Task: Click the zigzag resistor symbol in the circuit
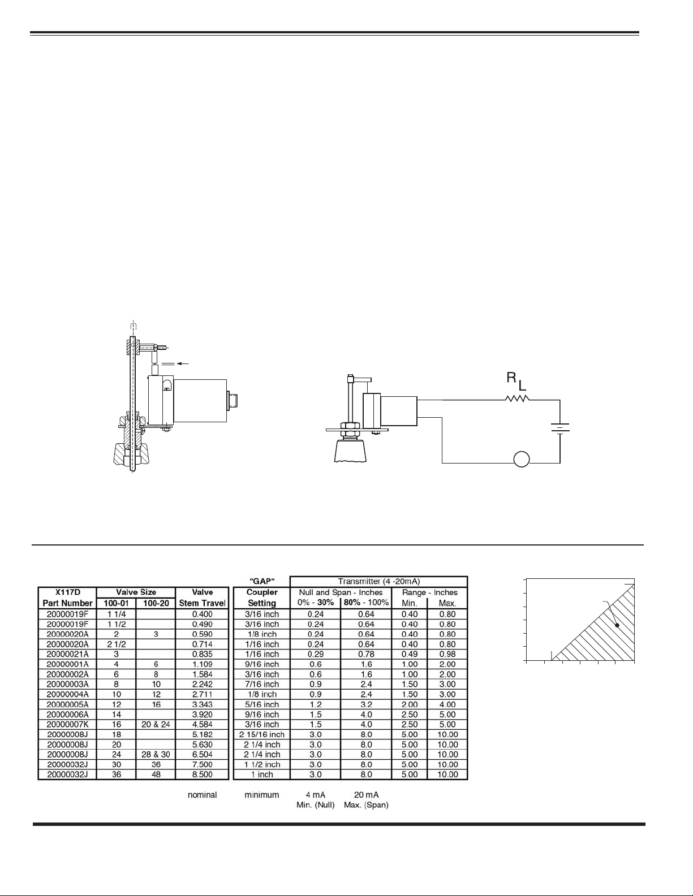click(x=517, y=399)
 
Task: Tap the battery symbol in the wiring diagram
click(x=559, y=428)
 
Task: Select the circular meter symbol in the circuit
click(x=522, y=459)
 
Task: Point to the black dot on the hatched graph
click(x=617, y=625)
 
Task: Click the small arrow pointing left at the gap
click(x=182, y=363)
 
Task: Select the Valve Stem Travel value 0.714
click(x=202, y=644)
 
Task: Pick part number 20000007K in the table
click(x=67, y=725)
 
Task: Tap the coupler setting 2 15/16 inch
click(x=261, y=734)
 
